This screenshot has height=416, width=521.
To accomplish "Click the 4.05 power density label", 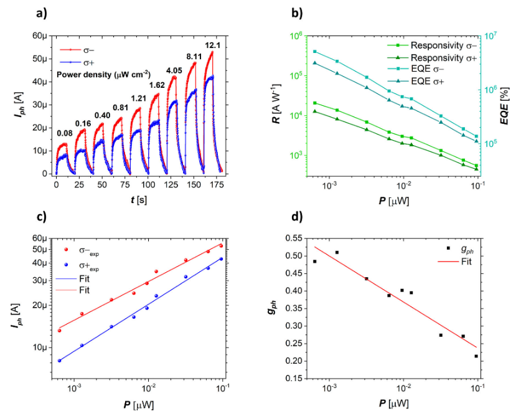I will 176,70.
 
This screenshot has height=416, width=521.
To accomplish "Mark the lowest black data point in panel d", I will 477,356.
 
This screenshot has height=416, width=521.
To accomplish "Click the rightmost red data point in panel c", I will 221,245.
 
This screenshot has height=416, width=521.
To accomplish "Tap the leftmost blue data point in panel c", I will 59,361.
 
